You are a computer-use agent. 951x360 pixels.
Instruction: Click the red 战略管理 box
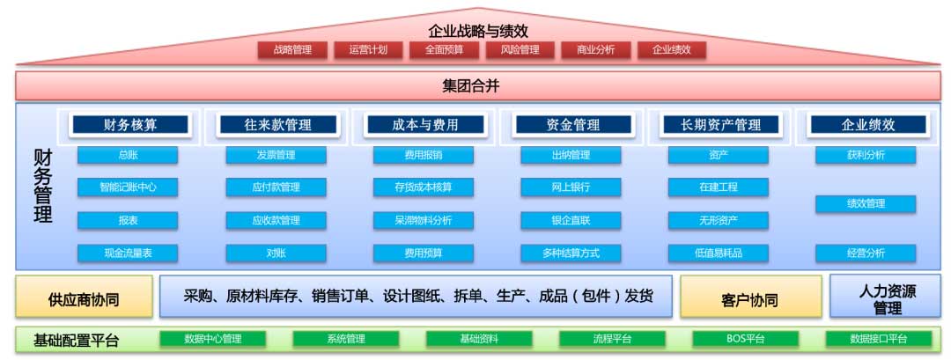[293, 49]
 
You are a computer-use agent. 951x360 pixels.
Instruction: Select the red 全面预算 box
[445, 49]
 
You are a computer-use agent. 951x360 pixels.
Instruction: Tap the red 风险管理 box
[520, 49]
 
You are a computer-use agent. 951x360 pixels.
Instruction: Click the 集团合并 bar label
[470, 86]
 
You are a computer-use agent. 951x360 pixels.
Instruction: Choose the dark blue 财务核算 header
[130, 125]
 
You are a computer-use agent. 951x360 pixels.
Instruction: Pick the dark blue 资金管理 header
[573, 125]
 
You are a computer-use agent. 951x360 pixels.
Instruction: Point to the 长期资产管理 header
[720, 125]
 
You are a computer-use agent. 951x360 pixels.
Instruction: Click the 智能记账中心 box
[128, 187]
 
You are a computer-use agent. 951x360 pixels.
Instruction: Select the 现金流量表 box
[128, 253]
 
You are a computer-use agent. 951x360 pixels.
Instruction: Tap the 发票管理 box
[276, 155]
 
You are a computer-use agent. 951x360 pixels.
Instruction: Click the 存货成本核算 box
[424, 187]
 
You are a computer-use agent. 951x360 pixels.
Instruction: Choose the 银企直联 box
[571, 220]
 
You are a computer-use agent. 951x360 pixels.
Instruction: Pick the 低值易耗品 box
[719, 253]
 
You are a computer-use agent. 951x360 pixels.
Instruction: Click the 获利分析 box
[866, 155]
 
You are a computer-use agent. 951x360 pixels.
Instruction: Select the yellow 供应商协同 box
[85, 297]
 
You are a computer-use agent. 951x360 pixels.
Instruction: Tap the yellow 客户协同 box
[751, 297]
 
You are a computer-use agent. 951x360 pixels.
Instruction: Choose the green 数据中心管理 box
[213, 339]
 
